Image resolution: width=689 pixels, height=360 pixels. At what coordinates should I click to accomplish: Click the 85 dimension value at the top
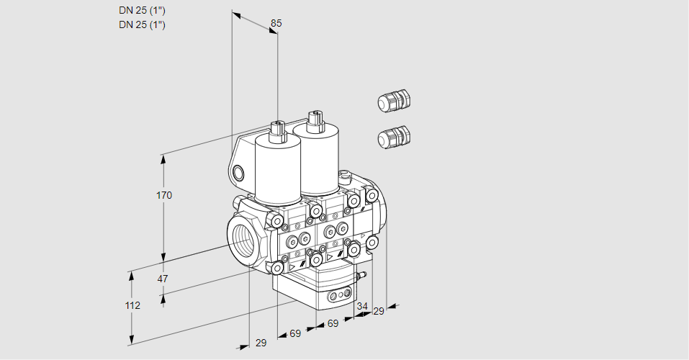pyautogui.click(x=276, y=23)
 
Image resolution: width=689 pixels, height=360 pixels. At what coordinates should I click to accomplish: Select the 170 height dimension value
pyautogui.click(x=164, y=195)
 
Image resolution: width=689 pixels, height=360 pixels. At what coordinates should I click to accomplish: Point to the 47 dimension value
pyautogui.click(x=163, y=279)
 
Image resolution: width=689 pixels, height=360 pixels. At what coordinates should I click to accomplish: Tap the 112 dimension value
pyautogui.click(x=132, y=305)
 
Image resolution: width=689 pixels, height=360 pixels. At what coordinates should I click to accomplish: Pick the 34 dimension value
pyautogui.click(x=362, y=306)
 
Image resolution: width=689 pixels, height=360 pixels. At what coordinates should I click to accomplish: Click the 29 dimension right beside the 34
pyautogui.click(x=379, y=311)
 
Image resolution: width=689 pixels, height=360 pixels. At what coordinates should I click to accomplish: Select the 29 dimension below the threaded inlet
pyautogui.click(x=261, y=343)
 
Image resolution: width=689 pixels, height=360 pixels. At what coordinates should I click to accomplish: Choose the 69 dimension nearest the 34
pyautogui.click(x=333, y=324)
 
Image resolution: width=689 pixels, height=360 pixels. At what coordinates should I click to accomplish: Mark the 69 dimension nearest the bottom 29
pyautogui.click(x=295, y=333)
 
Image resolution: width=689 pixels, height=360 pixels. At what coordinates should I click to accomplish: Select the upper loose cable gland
pyautogui.click(x=393, y=101)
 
